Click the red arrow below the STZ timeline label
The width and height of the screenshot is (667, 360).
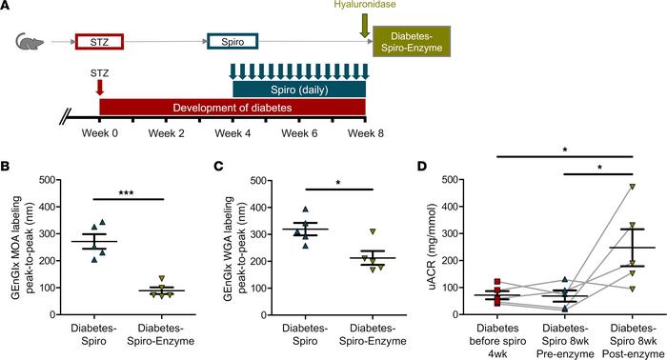100,88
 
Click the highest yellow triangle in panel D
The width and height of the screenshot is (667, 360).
632,187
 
